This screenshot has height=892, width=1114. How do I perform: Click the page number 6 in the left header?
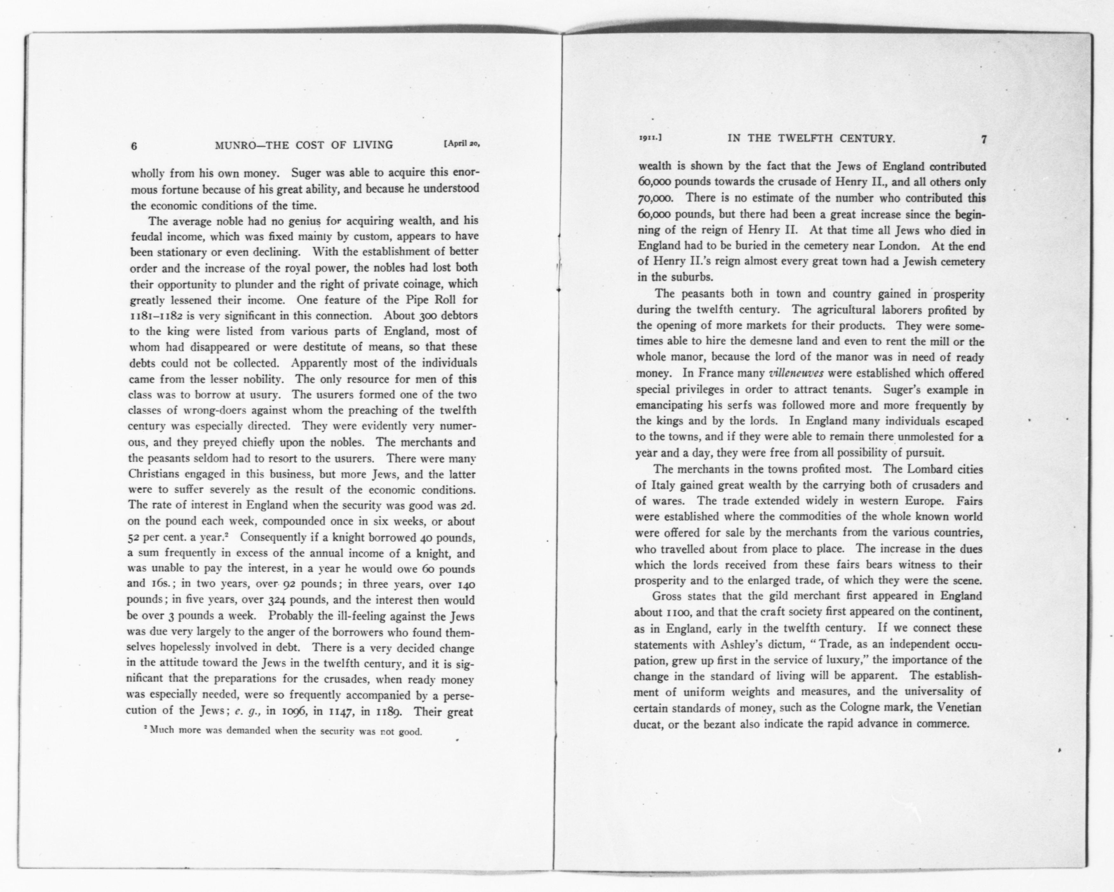(134, 146)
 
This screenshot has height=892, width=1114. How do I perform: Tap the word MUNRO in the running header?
(234, 145)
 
